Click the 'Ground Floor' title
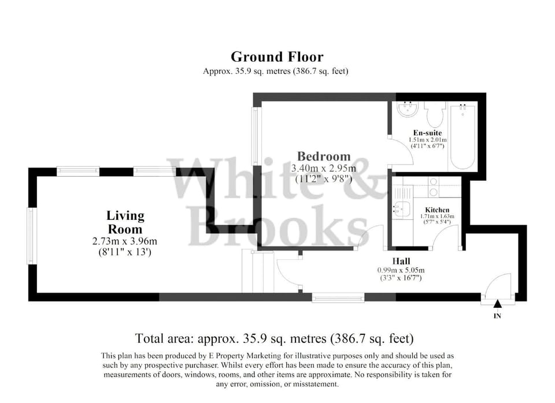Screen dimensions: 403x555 277,57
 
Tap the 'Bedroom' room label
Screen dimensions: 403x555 324,156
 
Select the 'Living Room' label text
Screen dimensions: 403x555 125,222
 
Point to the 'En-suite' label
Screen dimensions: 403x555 428,133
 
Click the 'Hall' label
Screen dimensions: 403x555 401,261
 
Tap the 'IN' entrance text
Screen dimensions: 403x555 497,316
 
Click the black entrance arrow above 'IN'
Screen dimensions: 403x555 497,304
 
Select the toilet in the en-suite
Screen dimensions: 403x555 433,114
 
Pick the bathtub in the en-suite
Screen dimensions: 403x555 462,136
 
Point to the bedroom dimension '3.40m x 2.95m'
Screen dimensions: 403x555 324,168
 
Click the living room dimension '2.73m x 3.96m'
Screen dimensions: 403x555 125,241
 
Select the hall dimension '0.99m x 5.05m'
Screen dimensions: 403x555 401,270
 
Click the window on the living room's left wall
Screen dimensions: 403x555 32,236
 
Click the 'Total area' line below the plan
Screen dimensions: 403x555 274,338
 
